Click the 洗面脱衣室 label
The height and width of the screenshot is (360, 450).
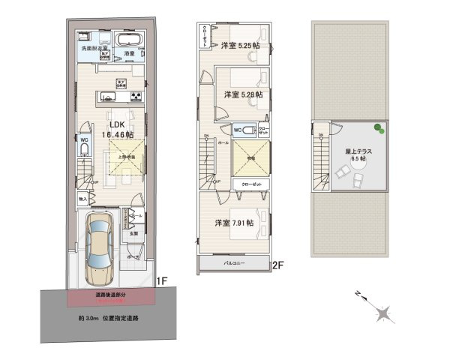coord(94,48)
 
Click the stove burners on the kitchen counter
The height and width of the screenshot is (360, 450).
coord(136,95)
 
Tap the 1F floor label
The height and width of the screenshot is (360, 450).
coord(160,282)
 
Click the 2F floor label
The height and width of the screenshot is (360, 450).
coord(277,265)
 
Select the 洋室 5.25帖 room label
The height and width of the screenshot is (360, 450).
coord(239,46)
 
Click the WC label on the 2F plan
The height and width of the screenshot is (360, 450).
coord(237,130)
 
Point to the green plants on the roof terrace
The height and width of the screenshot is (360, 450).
coord(379,130)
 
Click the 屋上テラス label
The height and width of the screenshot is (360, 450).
coord(355,154)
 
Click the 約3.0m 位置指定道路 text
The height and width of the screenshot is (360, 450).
coord(107,318)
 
